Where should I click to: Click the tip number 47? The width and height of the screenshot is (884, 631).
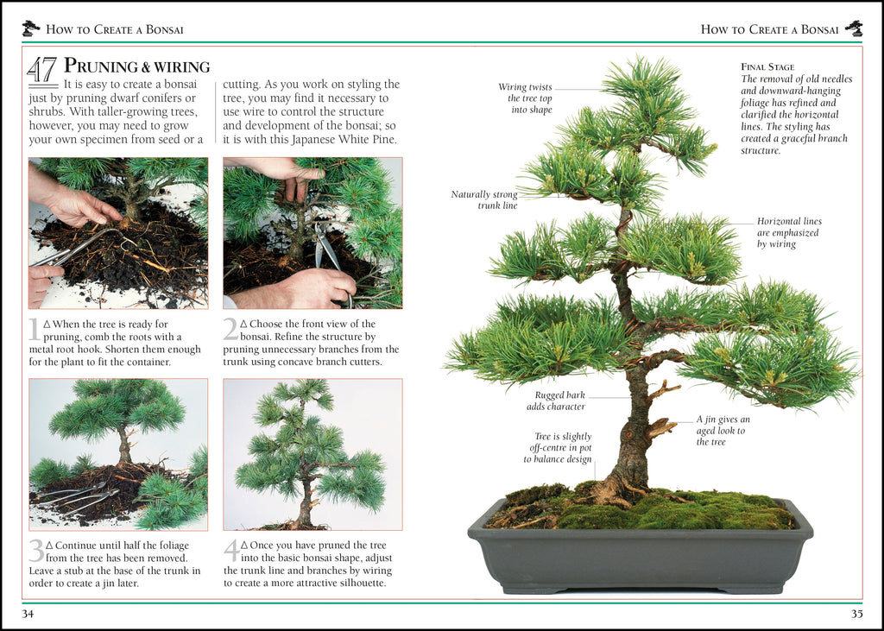pos(42,70)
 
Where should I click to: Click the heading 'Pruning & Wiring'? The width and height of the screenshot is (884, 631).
pos(137,66)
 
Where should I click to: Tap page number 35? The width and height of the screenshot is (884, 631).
pos(856,614)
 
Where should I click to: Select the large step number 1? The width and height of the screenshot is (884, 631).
pos(34,328)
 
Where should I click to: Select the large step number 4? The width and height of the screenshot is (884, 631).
pos(230,551)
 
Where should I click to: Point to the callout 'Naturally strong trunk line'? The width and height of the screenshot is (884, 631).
pos(485,200)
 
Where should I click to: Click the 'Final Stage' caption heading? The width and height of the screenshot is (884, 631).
pos(767,66)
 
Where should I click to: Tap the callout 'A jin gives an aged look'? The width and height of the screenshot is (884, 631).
pos(722,431)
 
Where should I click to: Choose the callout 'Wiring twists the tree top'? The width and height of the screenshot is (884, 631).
pos(525,98)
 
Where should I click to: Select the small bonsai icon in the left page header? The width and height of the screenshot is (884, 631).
pos(31,28)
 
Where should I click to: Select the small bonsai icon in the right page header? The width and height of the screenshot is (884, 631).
pos(854,28)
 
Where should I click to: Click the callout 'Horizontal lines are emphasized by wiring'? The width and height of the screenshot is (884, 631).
pos(788,233)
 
